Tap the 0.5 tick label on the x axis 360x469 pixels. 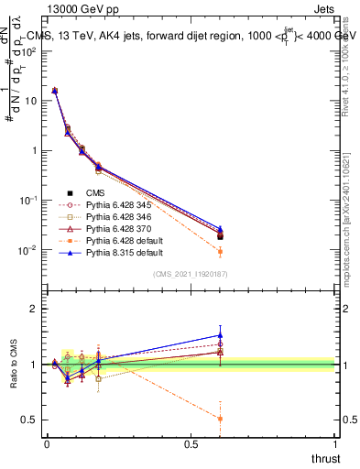click(191, 442)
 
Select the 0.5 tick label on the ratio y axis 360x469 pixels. click(30, 420)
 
